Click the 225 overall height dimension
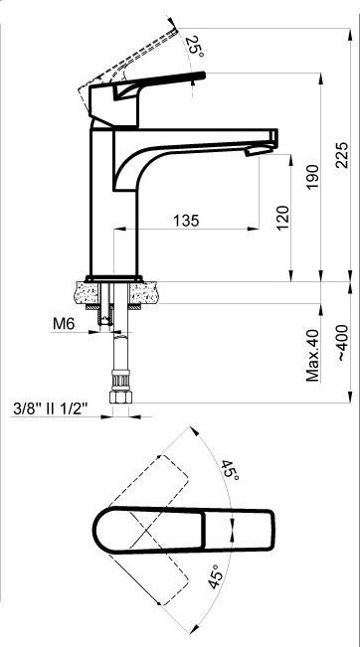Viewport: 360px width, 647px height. (342, 155)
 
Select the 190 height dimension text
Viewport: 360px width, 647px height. (313, 177)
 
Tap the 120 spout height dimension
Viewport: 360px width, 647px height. (283, 218)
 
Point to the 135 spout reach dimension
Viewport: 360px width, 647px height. (186, 221)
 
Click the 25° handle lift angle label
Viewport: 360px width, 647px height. (194, 47)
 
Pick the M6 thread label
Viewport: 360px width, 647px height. (64, 324)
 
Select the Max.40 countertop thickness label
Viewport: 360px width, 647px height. (313, 355)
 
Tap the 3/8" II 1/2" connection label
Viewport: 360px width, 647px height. (51, 408)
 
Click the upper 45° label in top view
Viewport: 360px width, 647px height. (230, 470)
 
